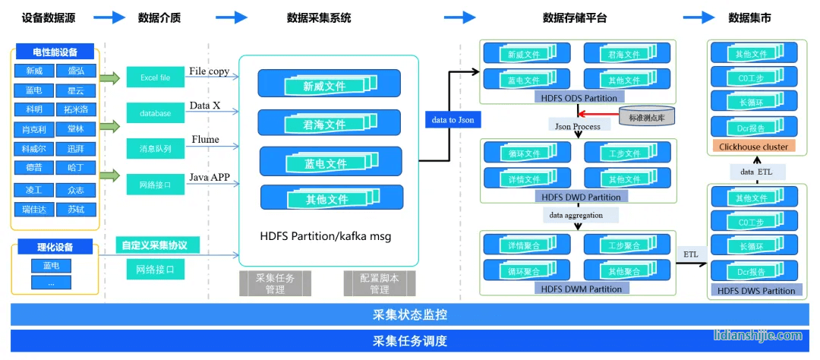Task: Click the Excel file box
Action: pos(155,77)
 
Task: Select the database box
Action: pos(155,113)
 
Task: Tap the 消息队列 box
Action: pos(155,148)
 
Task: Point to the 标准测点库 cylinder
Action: pos(645,115)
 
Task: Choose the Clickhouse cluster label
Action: pos(752,146)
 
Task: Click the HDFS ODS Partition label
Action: pos(579,98)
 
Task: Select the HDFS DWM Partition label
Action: pos(579,289)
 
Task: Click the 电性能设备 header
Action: pos(54,52)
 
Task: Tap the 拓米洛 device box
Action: pos(75,109)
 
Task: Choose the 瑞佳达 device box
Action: pos(34,209)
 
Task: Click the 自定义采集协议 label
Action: pos(155,245)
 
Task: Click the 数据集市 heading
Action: pos(749,17)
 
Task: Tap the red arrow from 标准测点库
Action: pos(600,115)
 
